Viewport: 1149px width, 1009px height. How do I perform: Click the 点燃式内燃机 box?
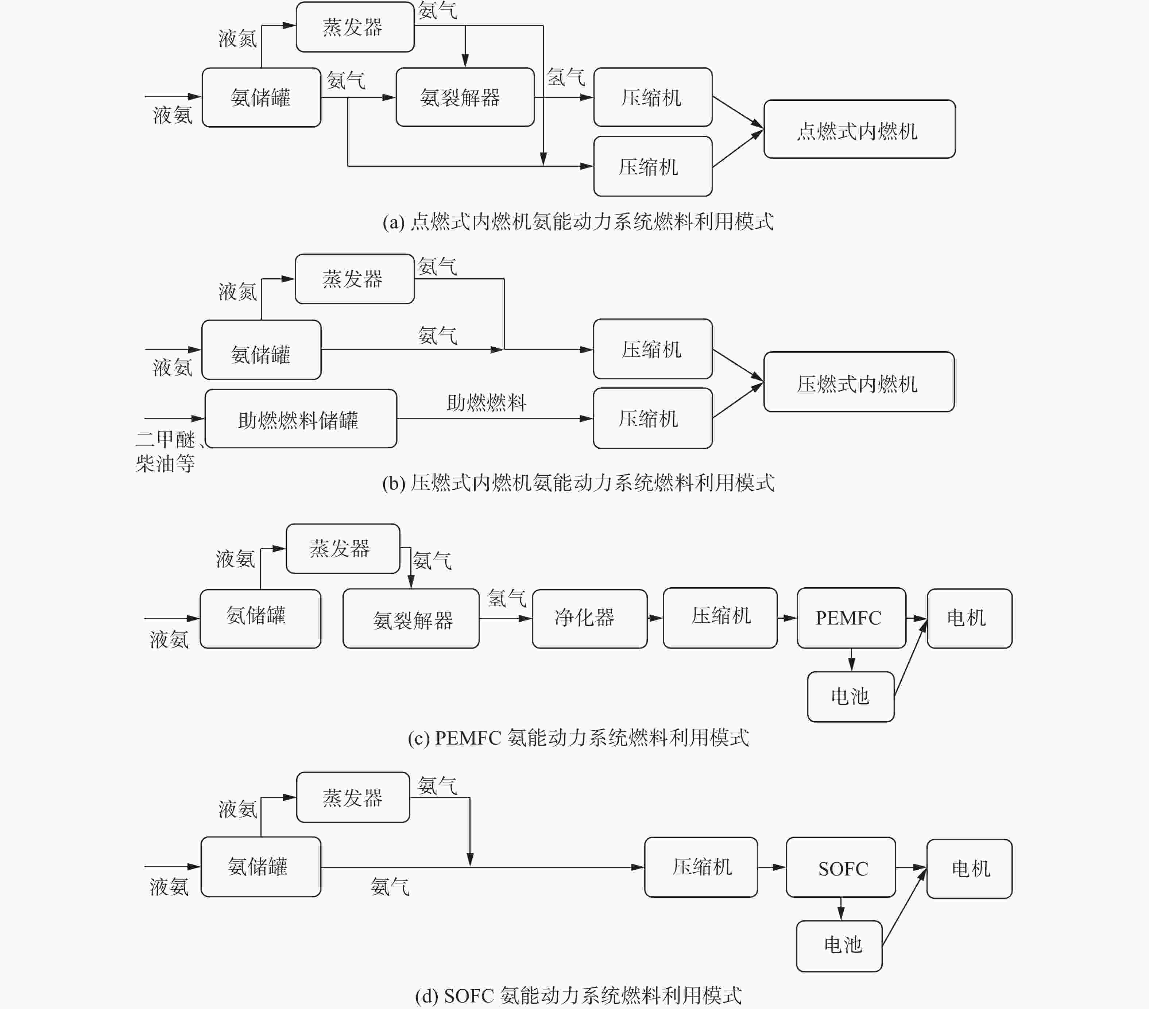859,129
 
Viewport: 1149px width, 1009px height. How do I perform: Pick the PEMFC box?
852,618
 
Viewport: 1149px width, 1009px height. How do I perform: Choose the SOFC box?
841,867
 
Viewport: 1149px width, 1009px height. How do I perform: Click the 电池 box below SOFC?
839,946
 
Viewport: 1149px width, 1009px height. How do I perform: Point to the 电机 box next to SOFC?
970,869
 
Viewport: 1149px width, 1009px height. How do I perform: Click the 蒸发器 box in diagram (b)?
355,279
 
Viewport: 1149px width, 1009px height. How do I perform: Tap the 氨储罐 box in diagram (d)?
261,867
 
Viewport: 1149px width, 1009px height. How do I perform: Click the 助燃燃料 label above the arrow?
486,402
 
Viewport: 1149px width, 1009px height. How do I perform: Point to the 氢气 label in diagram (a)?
565,77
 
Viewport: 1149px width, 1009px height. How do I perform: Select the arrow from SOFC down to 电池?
841,909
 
